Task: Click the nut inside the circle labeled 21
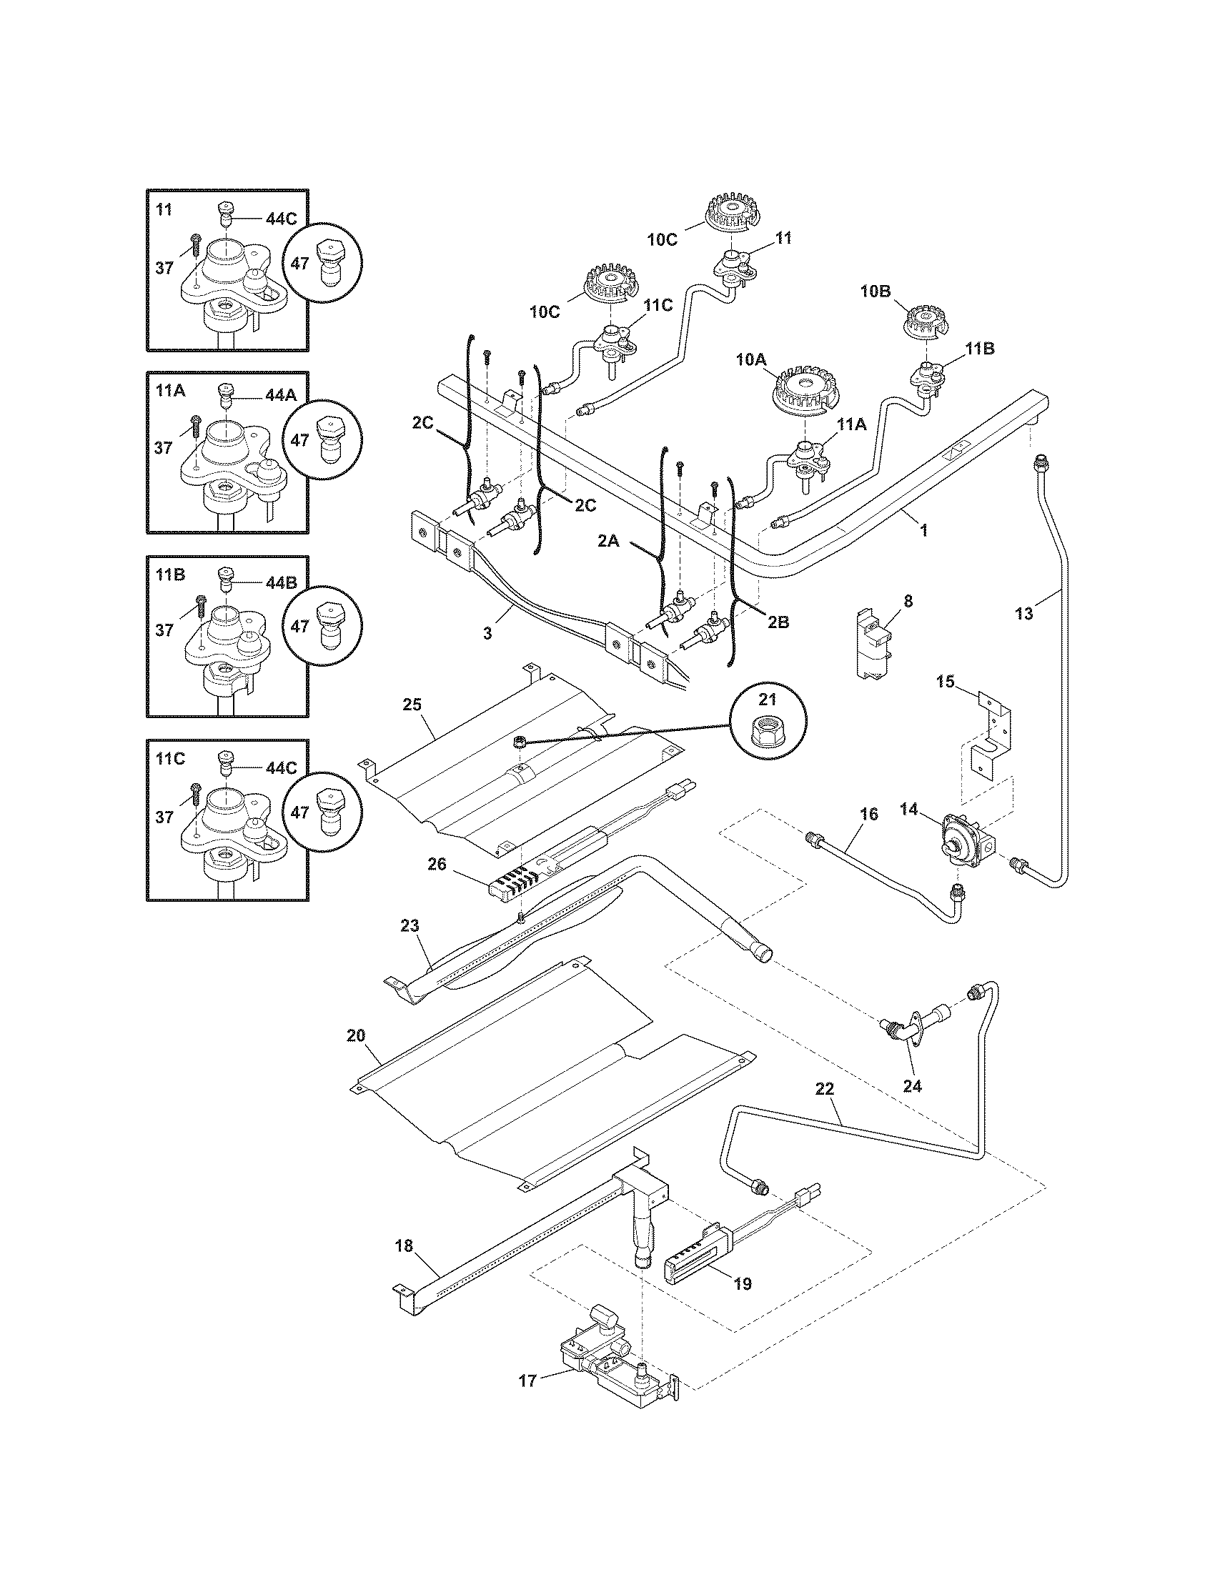tap(768, 733)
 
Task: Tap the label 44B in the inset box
tap(281, 582)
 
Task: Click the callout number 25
tap(412, 704)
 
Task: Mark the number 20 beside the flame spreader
tap(356, 1036)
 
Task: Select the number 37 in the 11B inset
tap(164, 630)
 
